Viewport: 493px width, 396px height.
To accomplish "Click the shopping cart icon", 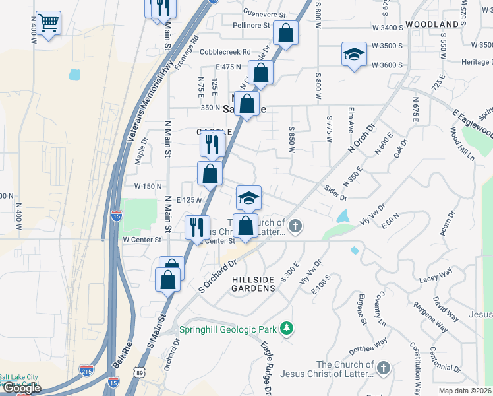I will pyautogui.click(x=49, y=23).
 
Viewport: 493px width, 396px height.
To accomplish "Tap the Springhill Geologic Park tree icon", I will pyautogui.click(x=287, y=328).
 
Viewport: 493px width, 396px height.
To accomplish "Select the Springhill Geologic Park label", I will pyautogui.click(x=229, y=329).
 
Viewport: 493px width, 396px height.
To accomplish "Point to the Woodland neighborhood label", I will pyautogui.click(x=432, y=24).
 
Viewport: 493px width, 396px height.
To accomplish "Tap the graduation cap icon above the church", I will pyautogui.click(x=249, y=197).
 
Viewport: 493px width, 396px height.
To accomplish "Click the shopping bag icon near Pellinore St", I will pyautogui.click(x=286, y=32).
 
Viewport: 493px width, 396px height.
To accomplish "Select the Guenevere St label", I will pyautogui.click(x=264, y=14).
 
